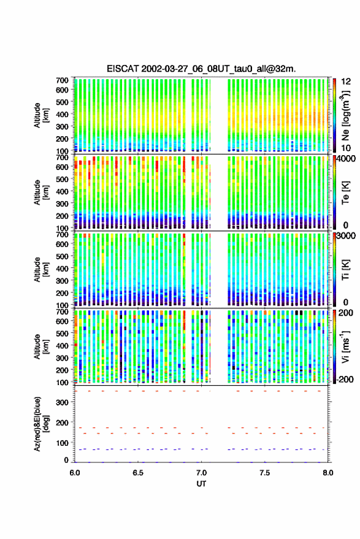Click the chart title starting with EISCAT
[x=201, y=69]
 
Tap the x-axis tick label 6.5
[x=138, y=473]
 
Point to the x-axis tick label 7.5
[x=264, y=473]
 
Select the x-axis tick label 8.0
[x=328, y=473]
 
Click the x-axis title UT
[x=201, y=484]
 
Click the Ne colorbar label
[x=345, y=115]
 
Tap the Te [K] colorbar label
[x=345, y=193]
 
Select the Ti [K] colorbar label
[x=345, y=270]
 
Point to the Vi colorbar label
[x=345, y=346]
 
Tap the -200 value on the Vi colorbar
[x=345, y=380]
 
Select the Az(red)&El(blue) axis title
[x=40, y=424]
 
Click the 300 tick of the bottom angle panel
[x=62, y=402]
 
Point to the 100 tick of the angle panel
[x=62, y=443]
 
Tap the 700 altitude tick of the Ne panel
[x=62, y=80]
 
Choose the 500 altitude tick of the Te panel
[x=62, y=179]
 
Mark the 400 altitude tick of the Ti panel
[x=62, y=269]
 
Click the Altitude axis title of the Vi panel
[x=40, y=346]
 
